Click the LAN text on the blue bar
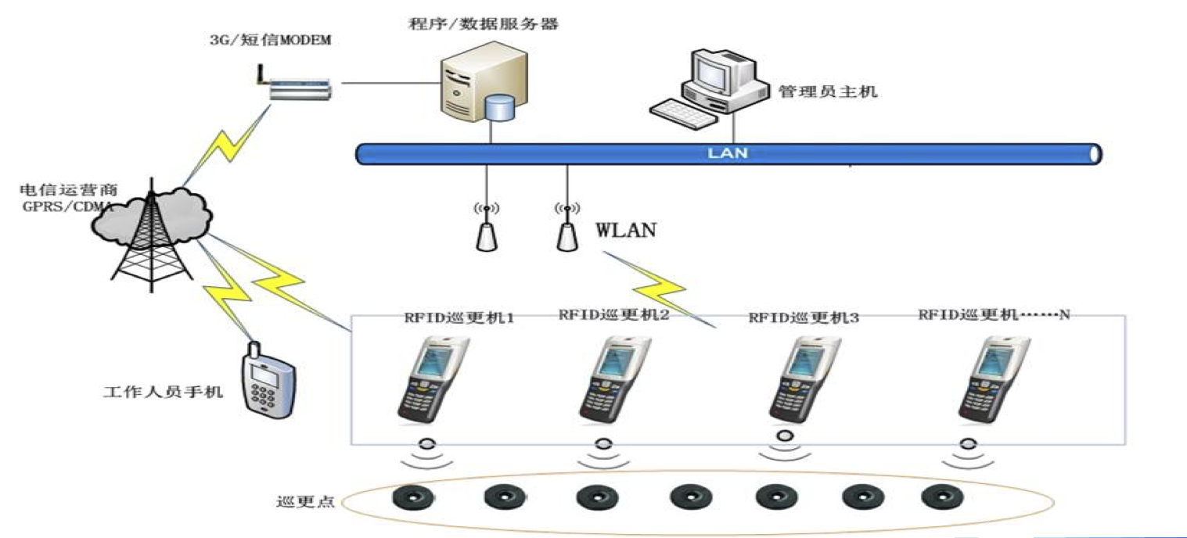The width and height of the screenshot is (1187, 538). [x=727, y=153]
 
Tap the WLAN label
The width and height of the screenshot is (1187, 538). [x=626, y=231]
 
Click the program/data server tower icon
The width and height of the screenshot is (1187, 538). [x=472, y=86]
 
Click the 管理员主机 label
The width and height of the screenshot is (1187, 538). [x=828, y=92]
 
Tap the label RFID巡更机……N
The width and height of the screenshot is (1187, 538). [x=994, y=314]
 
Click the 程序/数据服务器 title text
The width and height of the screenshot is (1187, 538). [x=484, y=24]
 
